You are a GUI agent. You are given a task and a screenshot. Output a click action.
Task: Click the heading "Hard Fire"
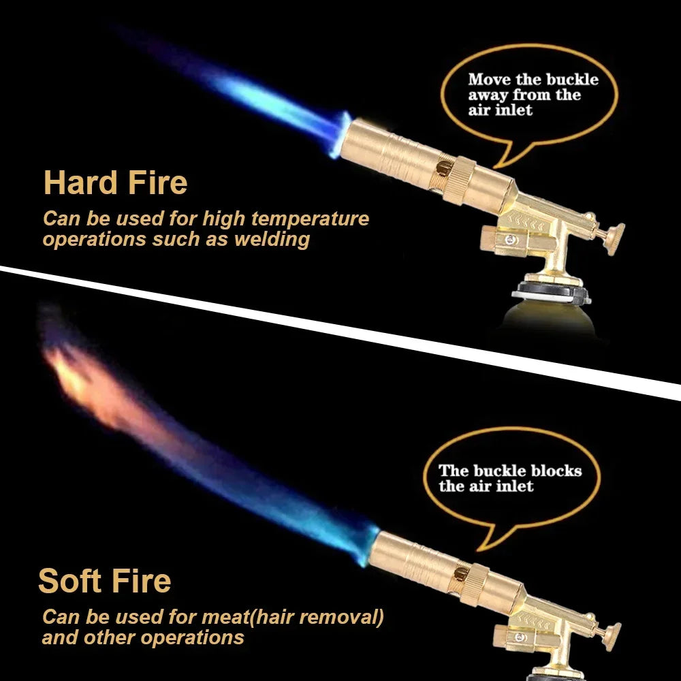116,183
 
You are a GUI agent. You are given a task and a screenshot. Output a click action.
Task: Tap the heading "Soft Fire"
105,581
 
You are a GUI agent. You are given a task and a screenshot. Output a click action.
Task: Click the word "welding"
272,239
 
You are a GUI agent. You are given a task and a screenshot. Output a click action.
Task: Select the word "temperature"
310,219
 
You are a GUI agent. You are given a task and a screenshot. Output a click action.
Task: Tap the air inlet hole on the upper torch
444,168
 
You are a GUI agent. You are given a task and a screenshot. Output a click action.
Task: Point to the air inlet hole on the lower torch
460,573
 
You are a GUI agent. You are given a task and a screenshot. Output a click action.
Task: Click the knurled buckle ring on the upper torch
460,180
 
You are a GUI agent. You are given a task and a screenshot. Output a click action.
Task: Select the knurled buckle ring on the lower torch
474,584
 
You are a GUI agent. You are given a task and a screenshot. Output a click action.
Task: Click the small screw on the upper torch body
511,240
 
